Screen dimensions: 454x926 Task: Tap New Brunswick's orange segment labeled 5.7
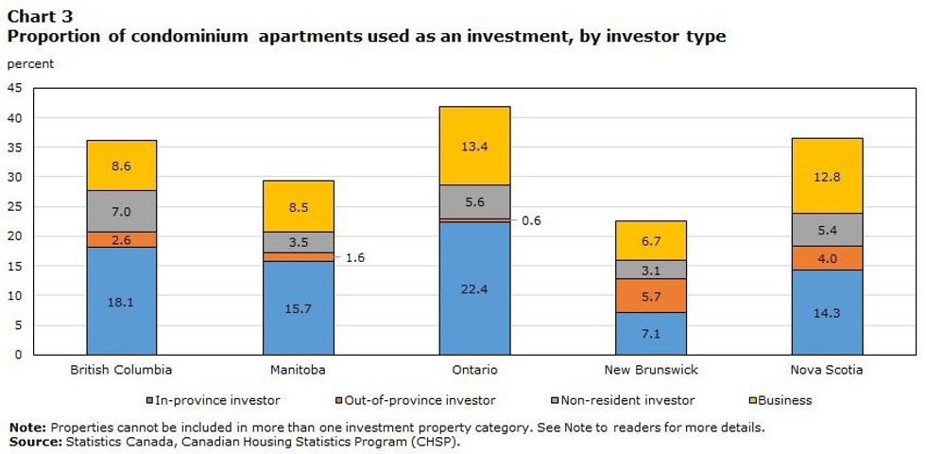click(x=650, y=295)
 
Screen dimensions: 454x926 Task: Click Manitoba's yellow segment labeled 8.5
click(x=298, y=206)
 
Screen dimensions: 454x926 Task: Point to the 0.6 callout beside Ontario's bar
click(x=532, y=220)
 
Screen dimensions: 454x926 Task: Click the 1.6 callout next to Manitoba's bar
click(x=355, y=256)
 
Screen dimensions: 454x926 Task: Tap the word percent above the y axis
click(x=30, y=64)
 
